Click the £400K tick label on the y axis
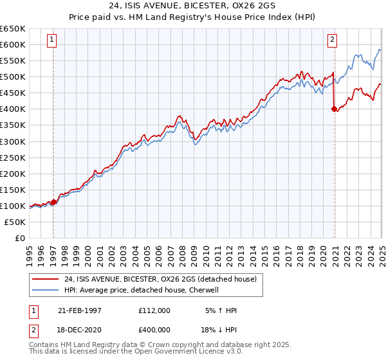point(12,109)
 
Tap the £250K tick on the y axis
point(12,157)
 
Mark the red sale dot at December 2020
point(334,109)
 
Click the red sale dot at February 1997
point(53,202)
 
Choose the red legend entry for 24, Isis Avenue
point(160,278)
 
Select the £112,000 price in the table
point(154,310)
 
